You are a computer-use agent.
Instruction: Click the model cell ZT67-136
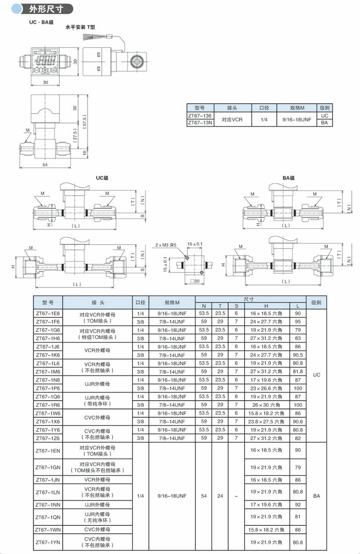coord(200,116)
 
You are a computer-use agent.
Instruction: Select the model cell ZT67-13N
coord(200,123)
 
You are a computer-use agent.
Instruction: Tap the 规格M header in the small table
coord(297,108)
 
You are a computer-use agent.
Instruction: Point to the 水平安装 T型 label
coord(80,28)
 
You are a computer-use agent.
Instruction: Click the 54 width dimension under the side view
coord(45,165)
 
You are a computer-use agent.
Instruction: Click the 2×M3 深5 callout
coord(166,245)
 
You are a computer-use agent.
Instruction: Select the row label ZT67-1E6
coord(47,313)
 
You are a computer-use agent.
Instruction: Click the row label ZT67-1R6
coord(47,405)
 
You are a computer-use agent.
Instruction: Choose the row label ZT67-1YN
coord(47,542)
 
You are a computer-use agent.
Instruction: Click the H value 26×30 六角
coord(264,405)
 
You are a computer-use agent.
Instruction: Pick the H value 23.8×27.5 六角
coord(264,421)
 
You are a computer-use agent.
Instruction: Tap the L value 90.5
coord(297,355)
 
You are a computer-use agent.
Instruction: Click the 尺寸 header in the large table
coord(248,299)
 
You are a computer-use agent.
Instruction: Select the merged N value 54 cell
coord(204,496)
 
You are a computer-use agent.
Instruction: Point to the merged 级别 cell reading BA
coord(316,496)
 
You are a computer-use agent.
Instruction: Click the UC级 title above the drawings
coord(102,178)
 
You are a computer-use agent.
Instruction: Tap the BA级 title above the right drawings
coord(288,178)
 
